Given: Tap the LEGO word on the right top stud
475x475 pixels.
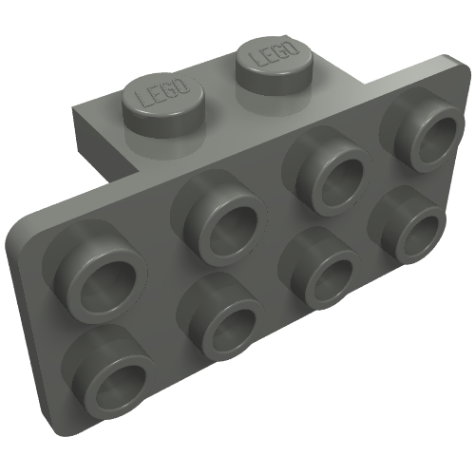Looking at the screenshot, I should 274,54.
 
